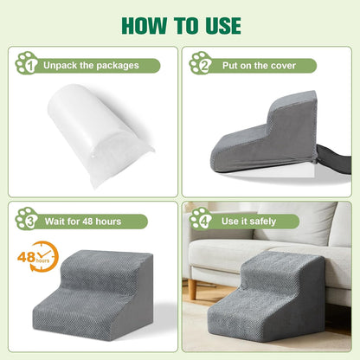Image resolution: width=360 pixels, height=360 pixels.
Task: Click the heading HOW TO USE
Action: point(181,26)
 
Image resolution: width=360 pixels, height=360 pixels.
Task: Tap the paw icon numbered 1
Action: point(27,63)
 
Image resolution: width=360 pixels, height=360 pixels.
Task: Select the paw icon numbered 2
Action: point(201,63)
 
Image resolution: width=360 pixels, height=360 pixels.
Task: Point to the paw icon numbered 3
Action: point(27,219)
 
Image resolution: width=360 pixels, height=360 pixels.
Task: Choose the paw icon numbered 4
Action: point(201,219)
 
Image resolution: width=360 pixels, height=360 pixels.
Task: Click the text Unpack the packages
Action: point(91,66)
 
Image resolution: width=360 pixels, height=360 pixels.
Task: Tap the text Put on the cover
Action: point(259,66)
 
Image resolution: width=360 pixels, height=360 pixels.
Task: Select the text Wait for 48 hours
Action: point(83,222)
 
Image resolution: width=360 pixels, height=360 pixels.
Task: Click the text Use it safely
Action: point(248,222)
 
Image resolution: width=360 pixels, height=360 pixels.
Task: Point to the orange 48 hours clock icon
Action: point(38,257)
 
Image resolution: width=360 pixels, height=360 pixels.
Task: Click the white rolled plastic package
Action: point(99,134)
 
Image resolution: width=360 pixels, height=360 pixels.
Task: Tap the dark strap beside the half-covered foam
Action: point(335,159)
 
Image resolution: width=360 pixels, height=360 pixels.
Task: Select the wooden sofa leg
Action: point(192,289)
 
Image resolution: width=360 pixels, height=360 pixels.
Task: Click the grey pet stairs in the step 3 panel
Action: point(93,295)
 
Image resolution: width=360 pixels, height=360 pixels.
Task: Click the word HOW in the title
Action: point(144,26)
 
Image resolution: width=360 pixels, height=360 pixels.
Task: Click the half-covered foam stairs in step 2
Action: point(266,132)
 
